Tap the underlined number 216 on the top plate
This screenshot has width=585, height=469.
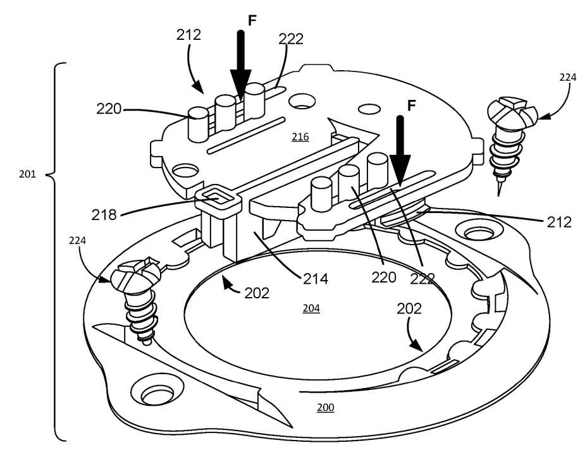click(300, 137)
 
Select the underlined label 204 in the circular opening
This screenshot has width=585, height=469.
click(311, 309)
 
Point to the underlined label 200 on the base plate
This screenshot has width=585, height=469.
click(326, 408)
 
